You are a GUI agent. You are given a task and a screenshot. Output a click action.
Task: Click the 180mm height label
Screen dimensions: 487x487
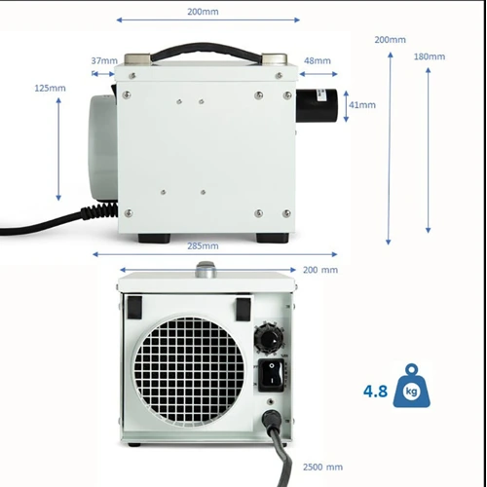(429, 56)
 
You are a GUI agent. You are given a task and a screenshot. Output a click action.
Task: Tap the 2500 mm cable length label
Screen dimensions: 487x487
(321, 467)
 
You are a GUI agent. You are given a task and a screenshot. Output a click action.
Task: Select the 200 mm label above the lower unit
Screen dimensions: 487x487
(320, 270)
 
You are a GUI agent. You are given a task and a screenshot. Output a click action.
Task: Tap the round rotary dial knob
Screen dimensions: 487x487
(269, 338)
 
